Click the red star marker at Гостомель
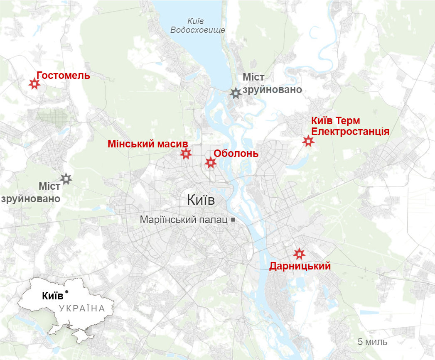(x=34, y=84)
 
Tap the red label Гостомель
(x=63, y=76)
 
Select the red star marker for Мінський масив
(x=186, y=154)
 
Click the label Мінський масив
(x=148, y=144)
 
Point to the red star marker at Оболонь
(x=211, y=163)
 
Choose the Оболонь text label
(x=236, y=153)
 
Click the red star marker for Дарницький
(x=299, y=253)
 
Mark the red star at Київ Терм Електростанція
(x=308, y=141)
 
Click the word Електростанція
(x=350, y=132)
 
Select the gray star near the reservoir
(x=236, y=93)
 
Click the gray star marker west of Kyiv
(x=66, y=179)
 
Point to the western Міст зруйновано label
(x=31, y=192)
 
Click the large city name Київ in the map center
(x=201, y=200)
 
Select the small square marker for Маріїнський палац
(x=233, y=219)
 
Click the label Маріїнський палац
(x=184, y=220)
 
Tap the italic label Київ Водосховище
(x=198, y=26)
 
